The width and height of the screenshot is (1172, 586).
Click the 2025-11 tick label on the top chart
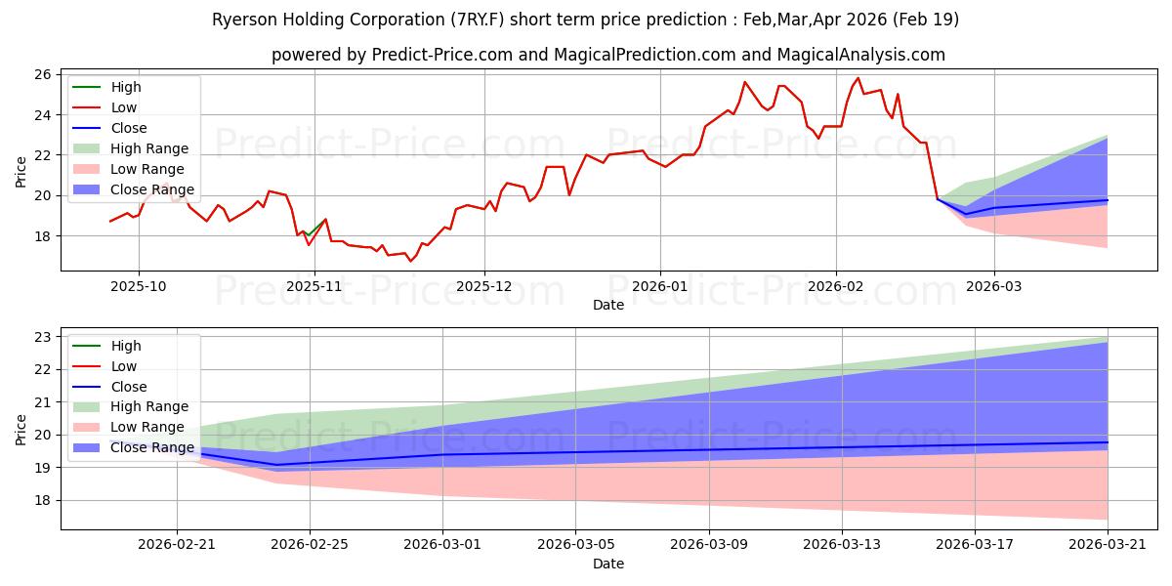(x=314, y=287)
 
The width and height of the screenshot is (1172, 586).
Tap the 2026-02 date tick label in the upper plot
(x=836, y=287)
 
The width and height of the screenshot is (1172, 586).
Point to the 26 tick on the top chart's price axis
(x=43, y=75)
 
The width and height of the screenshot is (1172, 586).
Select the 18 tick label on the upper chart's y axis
(x=43, y=236)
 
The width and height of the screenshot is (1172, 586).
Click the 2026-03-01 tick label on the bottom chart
(x=442, y=545)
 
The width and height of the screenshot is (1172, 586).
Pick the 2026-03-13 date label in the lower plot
(x=842, y=545)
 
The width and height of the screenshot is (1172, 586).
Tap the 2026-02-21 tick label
(x=177, y=545)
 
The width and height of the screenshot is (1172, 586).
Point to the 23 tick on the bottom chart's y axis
(x=43, y=338)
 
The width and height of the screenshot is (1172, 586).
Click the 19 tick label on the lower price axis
(x=43, y=468)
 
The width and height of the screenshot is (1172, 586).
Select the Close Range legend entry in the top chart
(x=134, y=189)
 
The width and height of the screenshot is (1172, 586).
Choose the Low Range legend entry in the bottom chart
(x=129, y=427)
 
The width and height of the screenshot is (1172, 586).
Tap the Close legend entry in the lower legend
(x=109, y=387)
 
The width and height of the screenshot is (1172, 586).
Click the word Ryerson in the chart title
(x=245, y=20)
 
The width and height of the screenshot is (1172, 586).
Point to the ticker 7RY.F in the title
(x=480, y=20)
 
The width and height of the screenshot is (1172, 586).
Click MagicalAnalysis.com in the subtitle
(x=861, y=55)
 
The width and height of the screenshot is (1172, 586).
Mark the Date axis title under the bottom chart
(x=607, y=565)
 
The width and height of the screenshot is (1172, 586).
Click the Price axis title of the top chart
(x=21, y=172)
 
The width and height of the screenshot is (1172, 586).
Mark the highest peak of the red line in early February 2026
(x=858, y=78)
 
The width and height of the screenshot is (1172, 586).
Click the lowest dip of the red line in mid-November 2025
(x=410, y=261)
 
